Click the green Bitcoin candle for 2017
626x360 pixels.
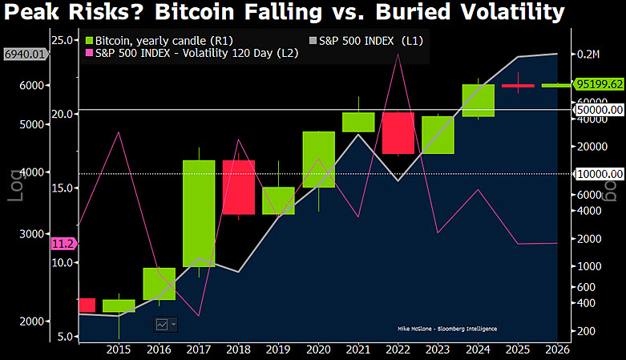[199, 213]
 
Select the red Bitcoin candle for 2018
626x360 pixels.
[238, 187]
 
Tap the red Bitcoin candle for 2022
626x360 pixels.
[398, 132]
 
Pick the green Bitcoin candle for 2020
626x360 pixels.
[318, 160]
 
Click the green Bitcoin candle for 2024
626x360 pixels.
[479, 100]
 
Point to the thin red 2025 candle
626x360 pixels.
[518, 85]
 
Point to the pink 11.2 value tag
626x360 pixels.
[63, 243]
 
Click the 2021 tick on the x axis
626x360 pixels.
[357, 350]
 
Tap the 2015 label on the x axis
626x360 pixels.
[119, 350]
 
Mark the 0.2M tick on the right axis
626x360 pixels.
[588, 55]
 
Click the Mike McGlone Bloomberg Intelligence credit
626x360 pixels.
[446, 329]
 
